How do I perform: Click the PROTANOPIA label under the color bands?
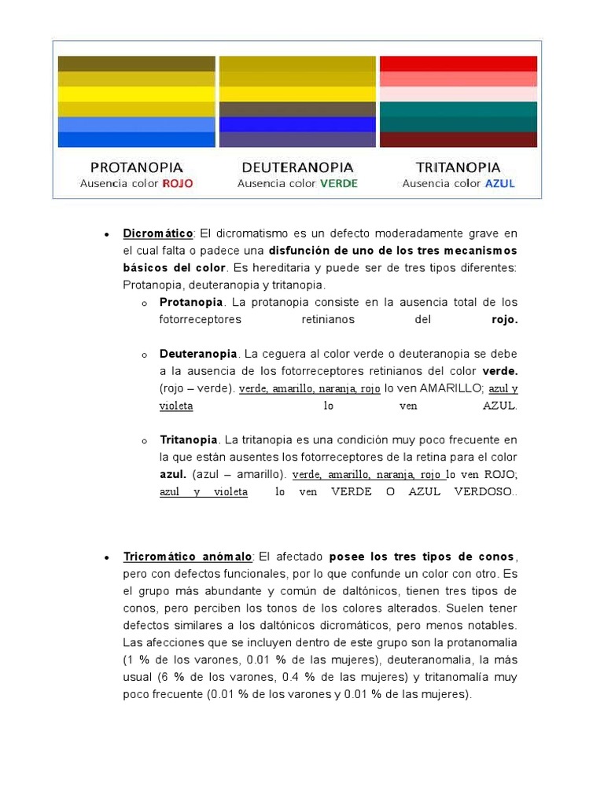point(136,167)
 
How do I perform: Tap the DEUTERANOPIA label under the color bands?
point(297,167)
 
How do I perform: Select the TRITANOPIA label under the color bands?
point(458,167)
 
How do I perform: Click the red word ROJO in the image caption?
point(177,183)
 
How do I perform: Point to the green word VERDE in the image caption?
point(338,183)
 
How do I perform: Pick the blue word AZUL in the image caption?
point(500,183)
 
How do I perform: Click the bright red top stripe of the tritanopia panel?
point(458,64)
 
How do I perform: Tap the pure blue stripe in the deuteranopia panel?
point(297,124)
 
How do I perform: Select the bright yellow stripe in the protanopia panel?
point(136,94)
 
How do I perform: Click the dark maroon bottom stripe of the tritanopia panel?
point(458,140)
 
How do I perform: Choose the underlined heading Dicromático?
point(158,233)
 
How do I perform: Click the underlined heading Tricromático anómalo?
point(187,557)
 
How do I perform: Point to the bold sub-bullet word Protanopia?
point(191,302)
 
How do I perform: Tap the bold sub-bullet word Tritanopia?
point(189,439)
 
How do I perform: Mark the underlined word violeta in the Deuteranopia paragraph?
point(176,406)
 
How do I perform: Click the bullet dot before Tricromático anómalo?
point(105,557)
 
